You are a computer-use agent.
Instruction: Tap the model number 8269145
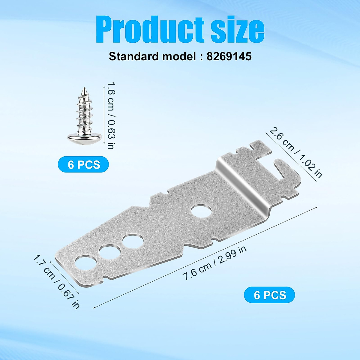(x=229, y=56)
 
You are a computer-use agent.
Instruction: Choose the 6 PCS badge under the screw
(x=83, y=164)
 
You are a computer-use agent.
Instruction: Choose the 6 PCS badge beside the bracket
(x=269, y=295)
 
